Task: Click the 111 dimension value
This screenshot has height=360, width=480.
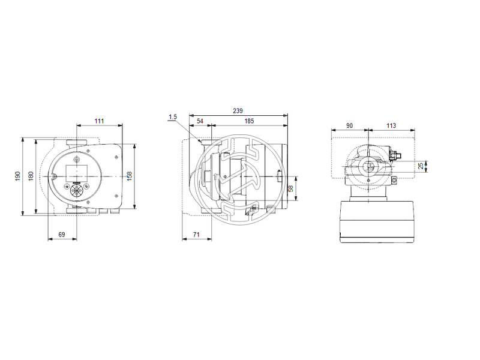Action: [99, 121]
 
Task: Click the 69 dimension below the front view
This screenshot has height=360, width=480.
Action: [62, 235]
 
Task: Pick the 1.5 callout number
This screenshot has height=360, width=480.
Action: [173, 116]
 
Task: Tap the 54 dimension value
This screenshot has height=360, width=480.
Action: [200, 121]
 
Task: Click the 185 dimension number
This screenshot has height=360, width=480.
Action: [248, 121]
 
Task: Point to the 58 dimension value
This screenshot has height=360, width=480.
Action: [290, 189]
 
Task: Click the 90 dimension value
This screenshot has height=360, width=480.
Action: [349, 126]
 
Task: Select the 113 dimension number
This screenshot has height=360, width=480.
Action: [391, 126]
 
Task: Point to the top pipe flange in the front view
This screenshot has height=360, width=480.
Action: [76, 143]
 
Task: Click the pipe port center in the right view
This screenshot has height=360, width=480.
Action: [367, 166]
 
